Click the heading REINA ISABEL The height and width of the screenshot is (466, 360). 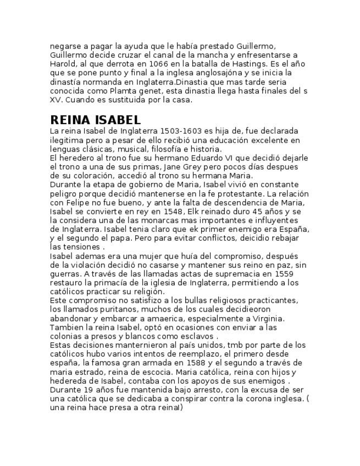95,120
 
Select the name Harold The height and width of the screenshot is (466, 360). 62,64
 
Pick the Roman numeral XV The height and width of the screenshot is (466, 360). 56,100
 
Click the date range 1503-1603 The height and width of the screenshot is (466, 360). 181,131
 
